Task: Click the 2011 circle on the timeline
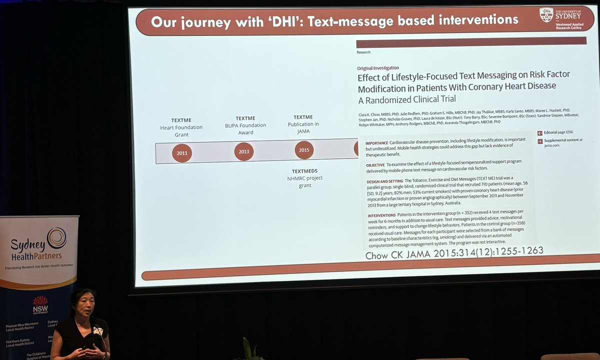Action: pos(182,153)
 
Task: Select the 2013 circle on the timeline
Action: pos(244,151)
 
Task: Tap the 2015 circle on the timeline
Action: pos(304,150)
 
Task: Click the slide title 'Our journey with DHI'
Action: pos(334,21)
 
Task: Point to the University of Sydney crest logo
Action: pos(546,15)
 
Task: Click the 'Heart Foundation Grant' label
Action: pos(182,127)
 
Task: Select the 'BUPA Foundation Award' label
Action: pos(245,125)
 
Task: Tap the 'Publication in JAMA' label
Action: pos(303,124)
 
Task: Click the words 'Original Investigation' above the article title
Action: pos(378,68)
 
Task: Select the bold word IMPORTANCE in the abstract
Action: pos(376,143)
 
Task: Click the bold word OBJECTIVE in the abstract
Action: pos(375,164)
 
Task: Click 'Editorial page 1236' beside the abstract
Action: pos(558,133)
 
